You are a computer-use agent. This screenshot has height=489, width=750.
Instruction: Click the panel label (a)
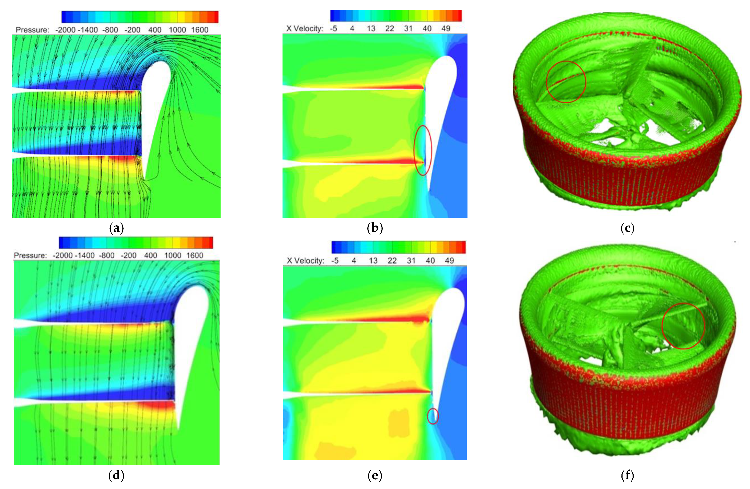click(x=116, y=228)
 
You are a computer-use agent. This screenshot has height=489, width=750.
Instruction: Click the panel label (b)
click(x=375, y=228)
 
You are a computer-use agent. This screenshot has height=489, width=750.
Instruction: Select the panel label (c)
click(x=628, y=228)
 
